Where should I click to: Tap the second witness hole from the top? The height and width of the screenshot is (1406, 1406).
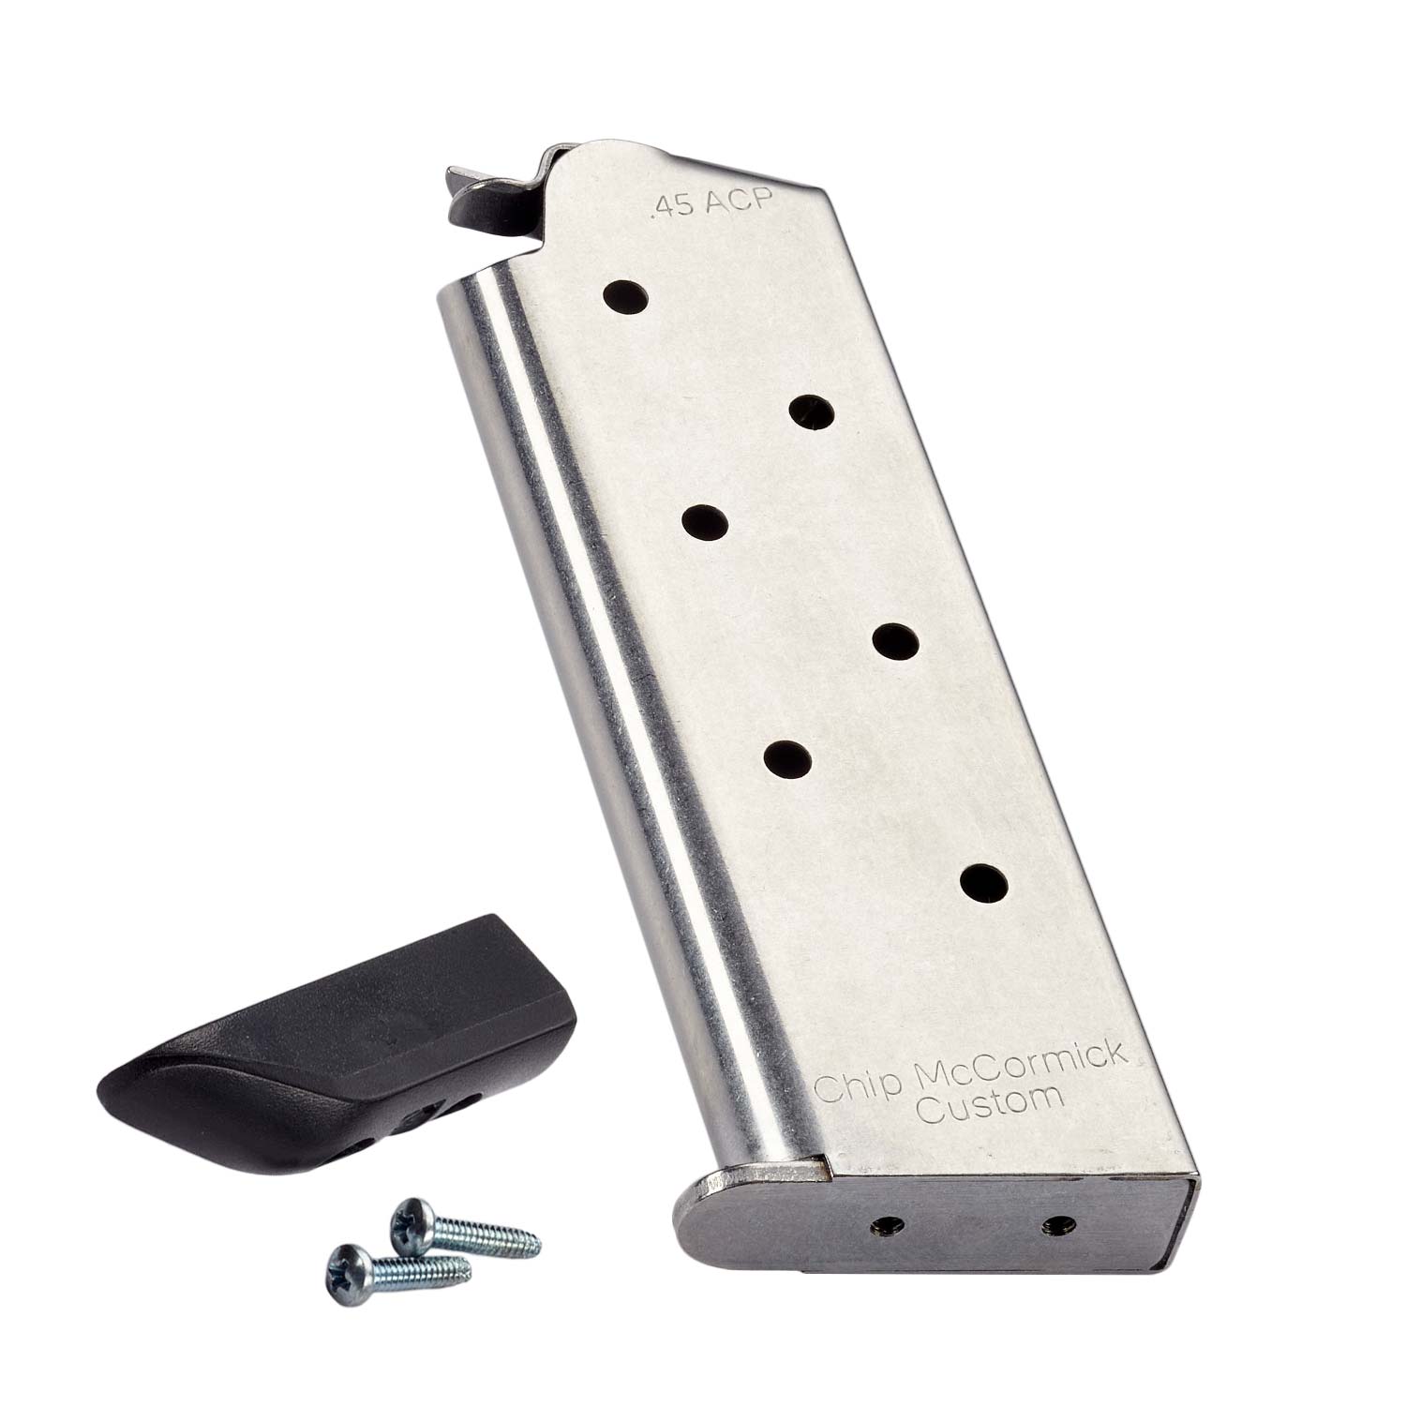click(x=812, y=411)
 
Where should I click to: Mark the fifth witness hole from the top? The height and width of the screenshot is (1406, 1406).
click(x=786, y=757)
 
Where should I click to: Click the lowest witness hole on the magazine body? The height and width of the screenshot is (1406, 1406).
click(x=984, y=881)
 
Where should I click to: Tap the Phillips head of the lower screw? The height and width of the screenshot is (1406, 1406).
click(x=346, y=1266)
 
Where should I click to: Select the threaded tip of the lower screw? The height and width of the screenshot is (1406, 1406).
click(x=468, y=1296)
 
